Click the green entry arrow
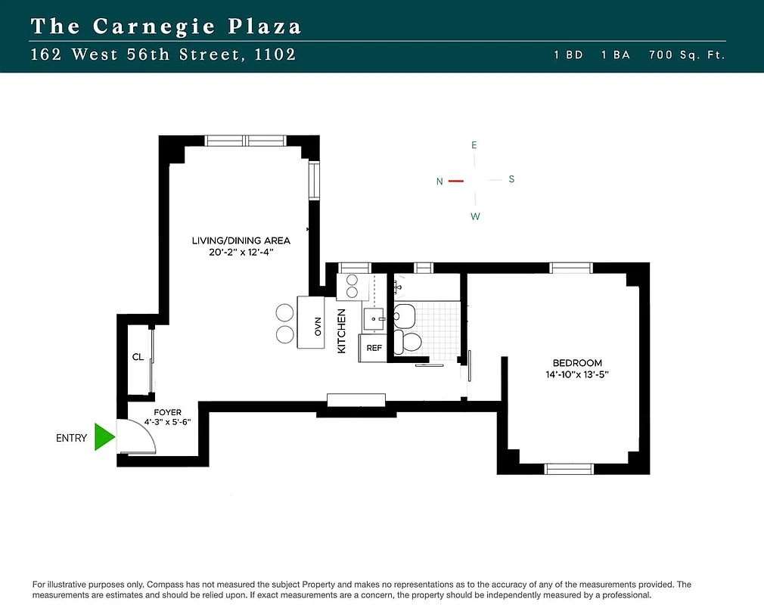coord(104,437)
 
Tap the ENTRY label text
coord(72,438)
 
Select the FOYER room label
coord(167,412)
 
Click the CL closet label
coord(138,357)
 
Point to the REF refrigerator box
coord(374,348)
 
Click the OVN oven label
coord(318,327)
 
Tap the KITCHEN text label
coord(341,330)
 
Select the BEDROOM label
coord(576,363)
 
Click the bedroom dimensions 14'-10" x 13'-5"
coord(576,374)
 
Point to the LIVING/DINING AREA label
coord(241,240)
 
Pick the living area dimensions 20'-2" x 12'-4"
coord(241,252)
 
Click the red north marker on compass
coord(455,181)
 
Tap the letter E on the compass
coord(474,144)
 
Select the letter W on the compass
coord(475,216)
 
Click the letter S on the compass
coord(511,179)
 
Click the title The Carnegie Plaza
coord(166,26)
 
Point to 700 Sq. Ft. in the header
coord(687,55)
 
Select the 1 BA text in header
coord(615,55)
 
